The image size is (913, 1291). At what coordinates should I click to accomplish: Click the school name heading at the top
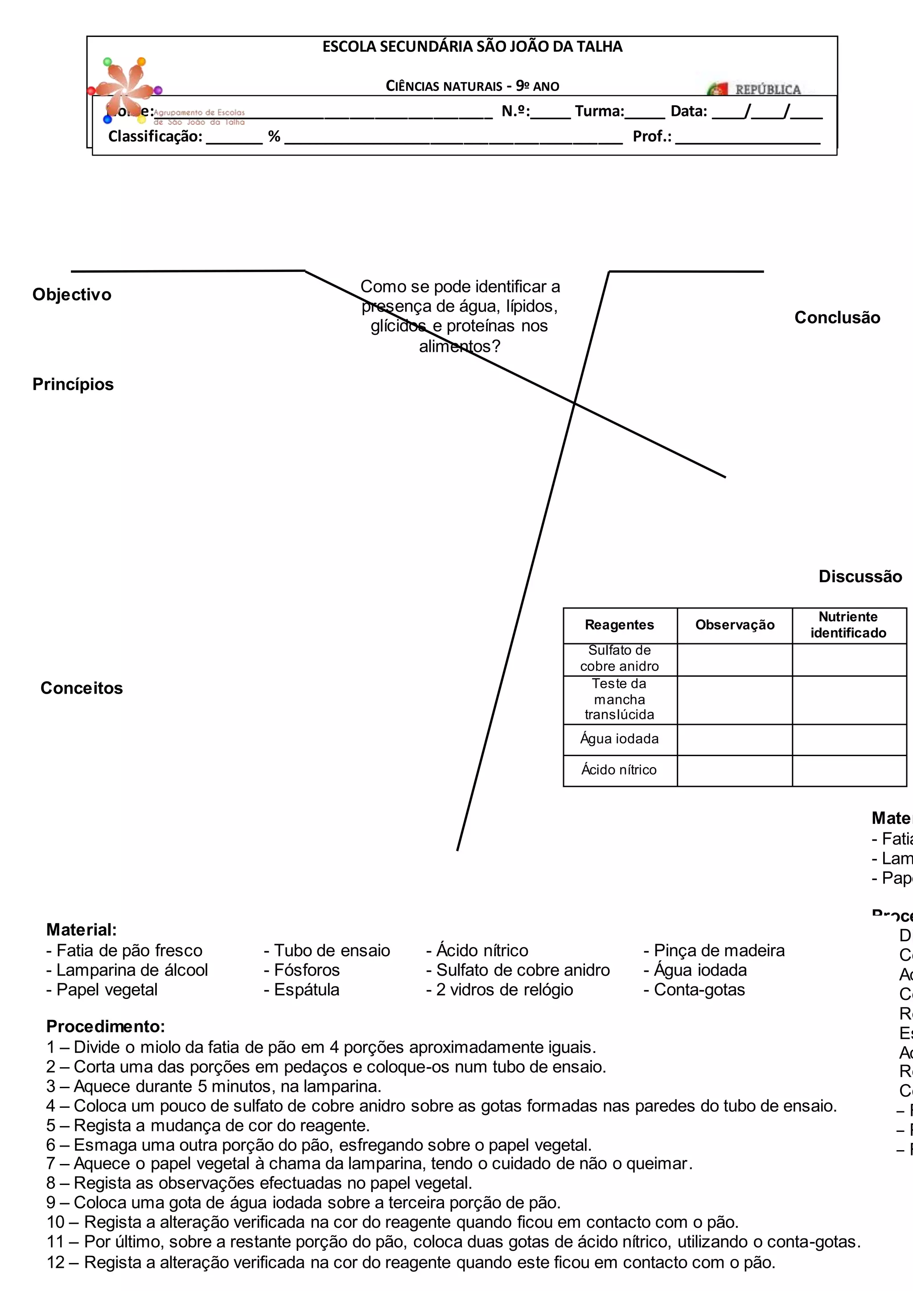pos(472,47)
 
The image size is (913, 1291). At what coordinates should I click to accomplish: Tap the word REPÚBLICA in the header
pos(767,90)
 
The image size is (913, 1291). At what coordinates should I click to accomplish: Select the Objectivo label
pos(72,295)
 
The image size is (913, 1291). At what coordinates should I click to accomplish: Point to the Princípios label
pos(73,385)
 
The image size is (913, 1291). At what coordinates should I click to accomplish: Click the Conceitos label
pos(82,688)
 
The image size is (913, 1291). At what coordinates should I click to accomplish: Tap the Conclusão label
pos(837,318)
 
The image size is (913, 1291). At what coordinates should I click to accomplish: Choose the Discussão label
pos(860,576)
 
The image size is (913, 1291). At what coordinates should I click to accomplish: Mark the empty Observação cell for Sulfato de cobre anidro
pos(735,660)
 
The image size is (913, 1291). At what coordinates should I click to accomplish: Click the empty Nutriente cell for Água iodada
pos(849,740)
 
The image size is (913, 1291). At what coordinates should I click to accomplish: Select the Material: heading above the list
pos(82,930)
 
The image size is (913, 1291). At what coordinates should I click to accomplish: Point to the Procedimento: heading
pos(106,1027)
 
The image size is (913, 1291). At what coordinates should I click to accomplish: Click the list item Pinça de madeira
pos(714,951)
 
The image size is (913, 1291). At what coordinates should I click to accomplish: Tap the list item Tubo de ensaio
pos(327,951)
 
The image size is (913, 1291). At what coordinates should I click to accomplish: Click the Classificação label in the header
pos(155,137)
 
